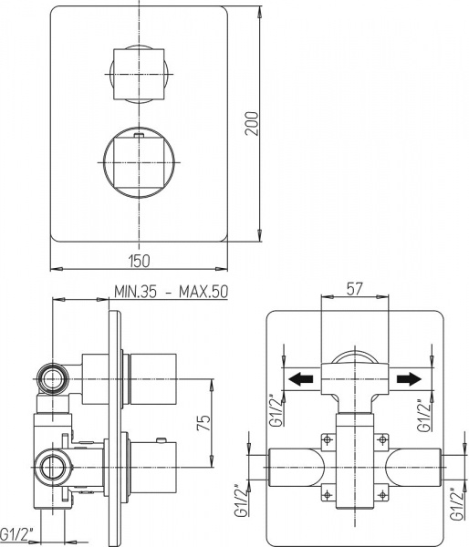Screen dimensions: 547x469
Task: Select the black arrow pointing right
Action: (x=411, y=377)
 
